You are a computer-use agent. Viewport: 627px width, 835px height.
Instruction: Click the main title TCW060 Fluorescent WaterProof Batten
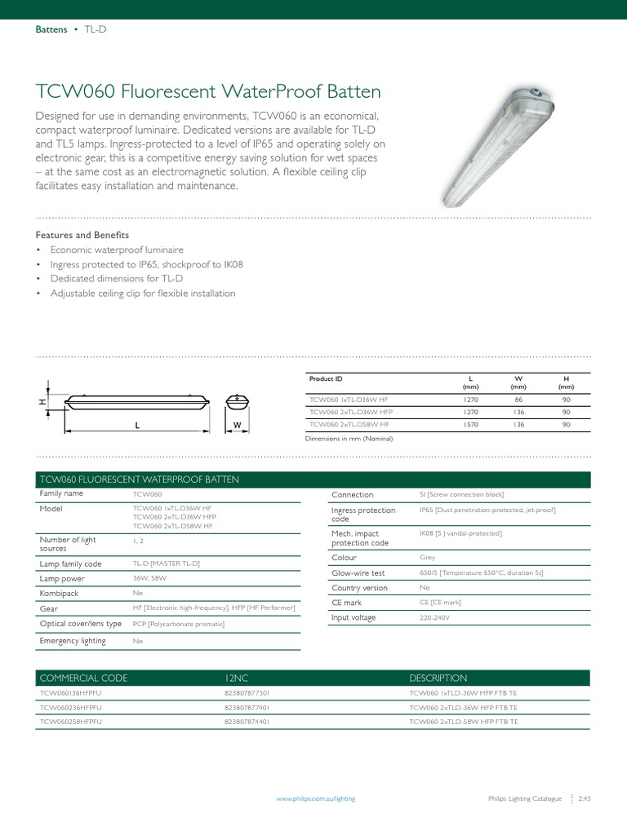coord(208,91)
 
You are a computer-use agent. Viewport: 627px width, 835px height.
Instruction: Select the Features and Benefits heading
coord(82,235)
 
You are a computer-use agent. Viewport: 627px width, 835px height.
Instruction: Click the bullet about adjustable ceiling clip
coord(142,293)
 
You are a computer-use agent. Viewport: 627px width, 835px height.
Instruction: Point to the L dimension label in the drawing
coord(136,426)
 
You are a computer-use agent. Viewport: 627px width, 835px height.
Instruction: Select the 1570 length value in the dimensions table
coord(470,424)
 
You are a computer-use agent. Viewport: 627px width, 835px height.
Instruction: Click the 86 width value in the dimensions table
coord(518,400)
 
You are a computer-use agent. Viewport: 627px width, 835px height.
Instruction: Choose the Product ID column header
coord(326,379)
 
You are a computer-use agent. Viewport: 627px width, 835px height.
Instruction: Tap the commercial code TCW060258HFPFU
coord(71,722)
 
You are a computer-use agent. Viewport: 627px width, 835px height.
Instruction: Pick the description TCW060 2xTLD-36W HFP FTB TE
coord(463,707)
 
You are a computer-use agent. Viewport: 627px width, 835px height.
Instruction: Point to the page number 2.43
coord(584,799)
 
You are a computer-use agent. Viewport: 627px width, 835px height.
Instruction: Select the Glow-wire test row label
coord(358,573)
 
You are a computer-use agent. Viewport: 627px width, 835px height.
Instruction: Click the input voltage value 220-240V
coord(434,618)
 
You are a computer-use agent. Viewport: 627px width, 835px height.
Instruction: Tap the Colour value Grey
coord(427,559)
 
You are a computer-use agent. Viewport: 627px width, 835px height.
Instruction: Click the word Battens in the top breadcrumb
coord(51,29)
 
